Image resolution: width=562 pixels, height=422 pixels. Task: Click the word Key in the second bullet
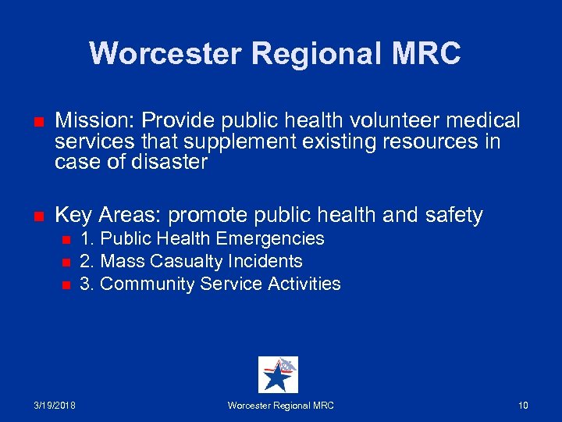[x=73, y=215]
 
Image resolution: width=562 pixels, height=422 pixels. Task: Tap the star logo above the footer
[x=278, y=374]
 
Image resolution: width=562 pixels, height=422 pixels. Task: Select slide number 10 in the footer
[x=523, y=406]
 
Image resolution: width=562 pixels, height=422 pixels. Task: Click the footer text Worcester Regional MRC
[x=280, y=406]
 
